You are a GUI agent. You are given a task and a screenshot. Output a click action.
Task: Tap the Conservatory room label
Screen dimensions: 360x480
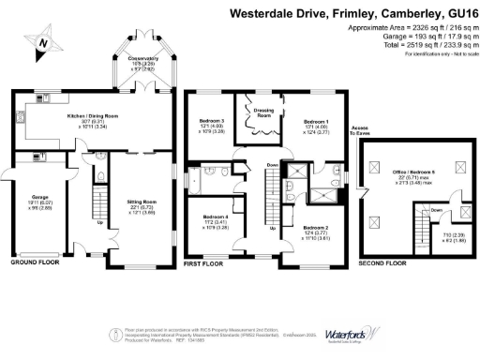coord(144,59)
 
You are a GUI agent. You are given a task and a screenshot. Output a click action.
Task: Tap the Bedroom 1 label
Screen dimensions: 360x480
coord(315,123)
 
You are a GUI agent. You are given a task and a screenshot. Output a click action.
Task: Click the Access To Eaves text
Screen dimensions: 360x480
coord(359,130)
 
